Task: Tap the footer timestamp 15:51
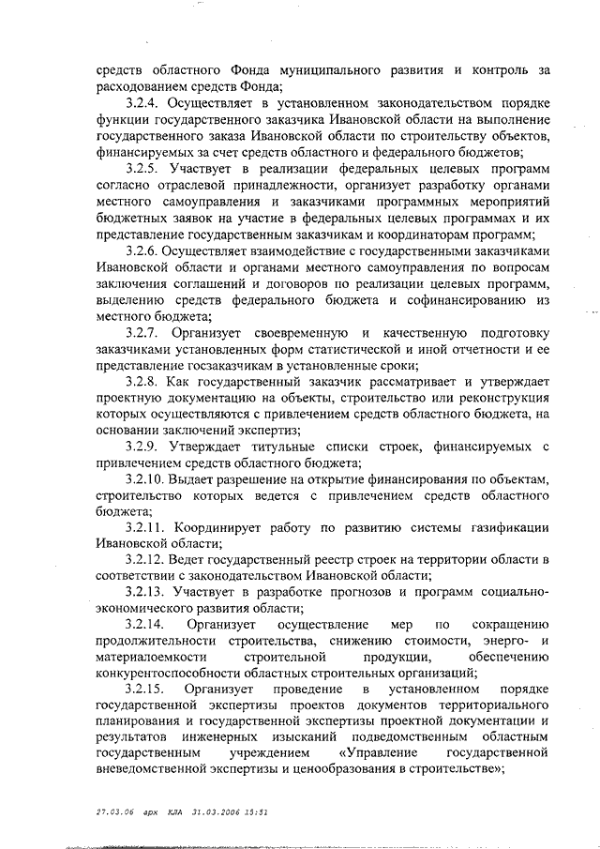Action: (255, 810)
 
